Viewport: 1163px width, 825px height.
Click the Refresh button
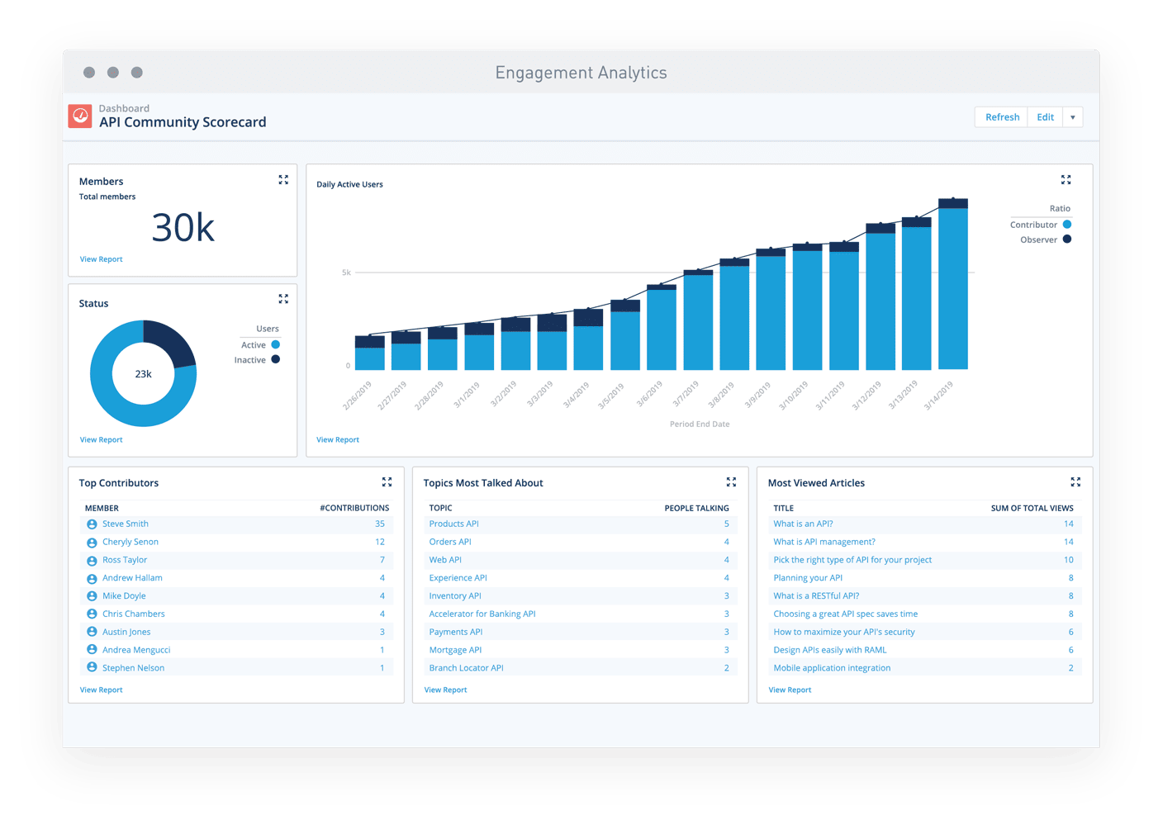click(1002, 117)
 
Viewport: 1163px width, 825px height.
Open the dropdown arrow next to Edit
click(1072, 117)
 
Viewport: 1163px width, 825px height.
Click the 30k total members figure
click(183, 228)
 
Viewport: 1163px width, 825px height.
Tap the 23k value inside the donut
click(144, 374)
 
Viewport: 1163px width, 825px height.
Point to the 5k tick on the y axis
click(347, 273)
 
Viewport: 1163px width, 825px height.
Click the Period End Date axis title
click(700, 424)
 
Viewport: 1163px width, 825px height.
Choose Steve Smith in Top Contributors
click(126, 524)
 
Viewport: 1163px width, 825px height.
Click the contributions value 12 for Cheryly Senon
click(380, 542)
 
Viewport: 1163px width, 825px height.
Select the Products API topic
click(453, 524)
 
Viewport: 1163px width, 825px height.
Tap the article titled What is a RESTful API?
click(816, 595)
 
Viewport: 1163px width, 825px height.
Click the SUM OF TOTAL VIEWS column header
click(1032, 508)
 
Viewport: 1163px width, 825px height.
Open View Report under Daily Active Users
click(338, 439)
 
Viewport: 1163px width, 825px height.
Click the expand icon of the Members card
click(283, 180)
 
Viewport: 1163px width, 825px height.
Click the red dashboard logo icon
click(80, 116)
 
